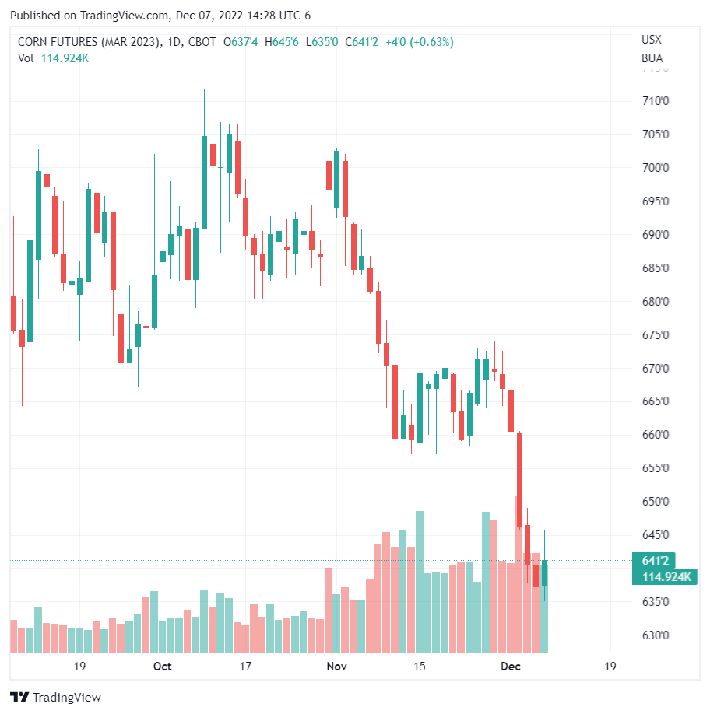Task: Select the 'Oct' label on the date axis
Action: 162,667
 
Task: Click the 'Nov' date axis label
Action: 336,667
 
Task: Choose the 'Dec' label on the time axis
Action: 510,667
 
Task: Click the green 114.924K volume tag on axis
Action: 666,576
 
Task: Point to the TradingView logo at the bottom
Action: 55,698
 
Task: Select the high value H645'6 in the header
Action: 282,42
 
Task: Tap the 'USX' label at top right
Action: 652,40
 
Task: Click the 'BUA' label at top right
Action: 652,58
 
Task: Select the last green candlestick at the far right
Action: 545,572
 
